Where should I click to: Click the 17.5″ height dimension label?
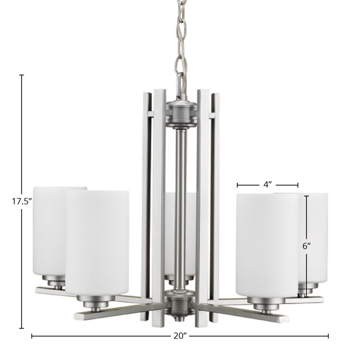click(x=22, y=201)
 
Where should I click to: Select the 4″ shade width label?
click(x=267, y=184)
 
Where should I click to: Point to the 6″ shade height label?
click(x=306, y=246)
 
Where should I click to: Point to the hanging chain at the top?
click(x=181, y=46)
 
